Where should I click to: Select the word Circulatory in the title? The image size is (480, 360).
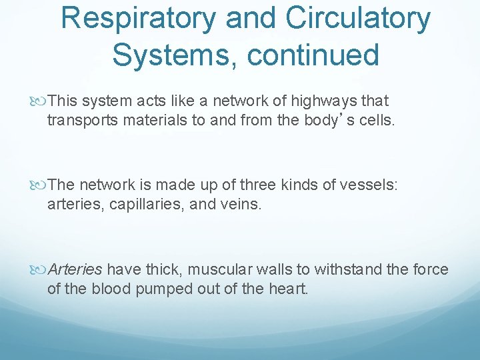[359, 19]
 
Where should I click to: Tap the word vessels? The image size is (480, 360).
[369, 185]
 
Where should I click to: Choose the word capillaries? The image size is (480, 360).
[146, 204]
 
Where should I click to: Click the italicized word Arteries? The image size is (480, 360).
[75, 269]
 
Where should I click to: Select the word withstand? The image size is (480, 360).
[347, 269]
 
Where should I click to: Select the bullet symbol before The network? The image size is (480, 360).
[39, 185]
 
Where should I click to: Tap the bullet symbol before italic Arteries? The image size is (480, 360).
[39, 269]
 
